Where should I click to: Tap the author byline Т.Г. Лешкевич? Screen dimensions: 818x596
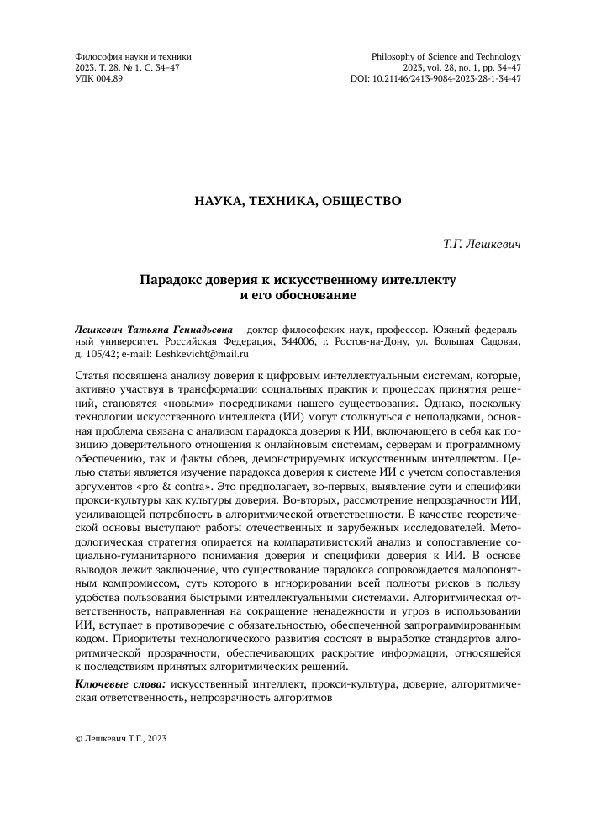click(482, 244)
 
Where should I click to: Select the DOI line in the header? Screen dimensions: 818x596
click(435, 78)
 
